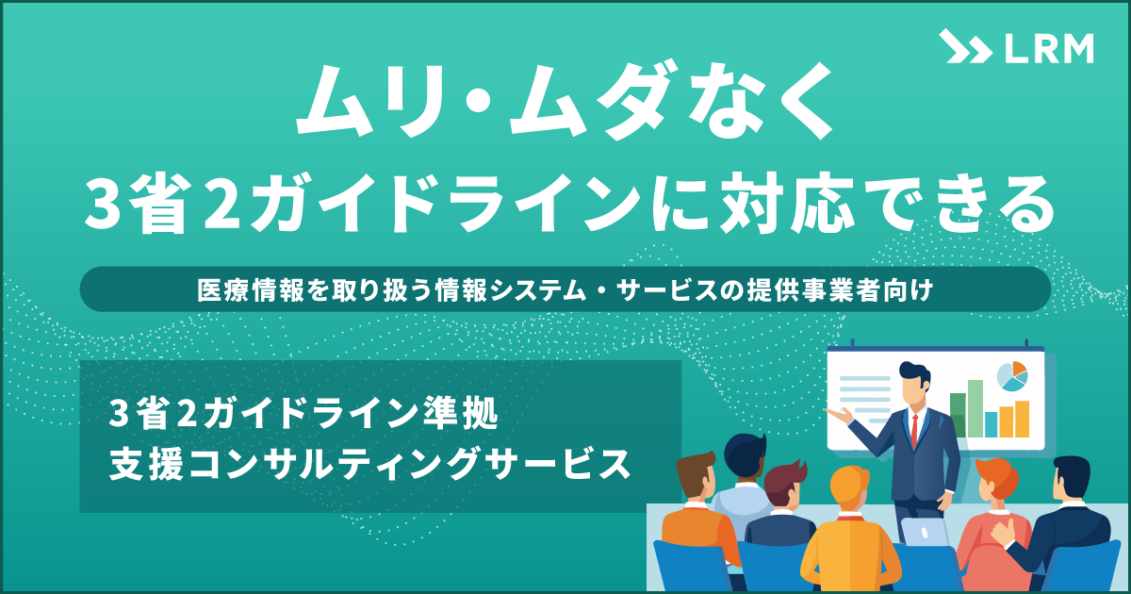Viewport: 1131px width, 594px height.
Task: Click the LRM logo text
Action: pos(1049,49)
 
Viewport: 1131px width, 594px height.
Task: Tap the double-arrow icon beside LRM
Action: pos(965,46)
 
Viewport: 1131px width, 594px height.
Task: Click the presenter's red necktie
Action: pos(914,431)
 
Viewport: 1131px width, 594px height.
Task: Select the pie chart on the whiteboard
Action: pos(1012,376)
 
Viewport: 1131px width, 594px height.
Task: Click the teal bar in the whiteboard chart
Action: pos(992,424)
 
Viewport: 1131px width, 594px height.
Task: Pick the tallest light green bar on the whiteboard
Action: pos(975,408)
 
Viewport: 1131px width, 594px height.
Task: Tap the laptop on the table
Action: pos(925,532)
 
